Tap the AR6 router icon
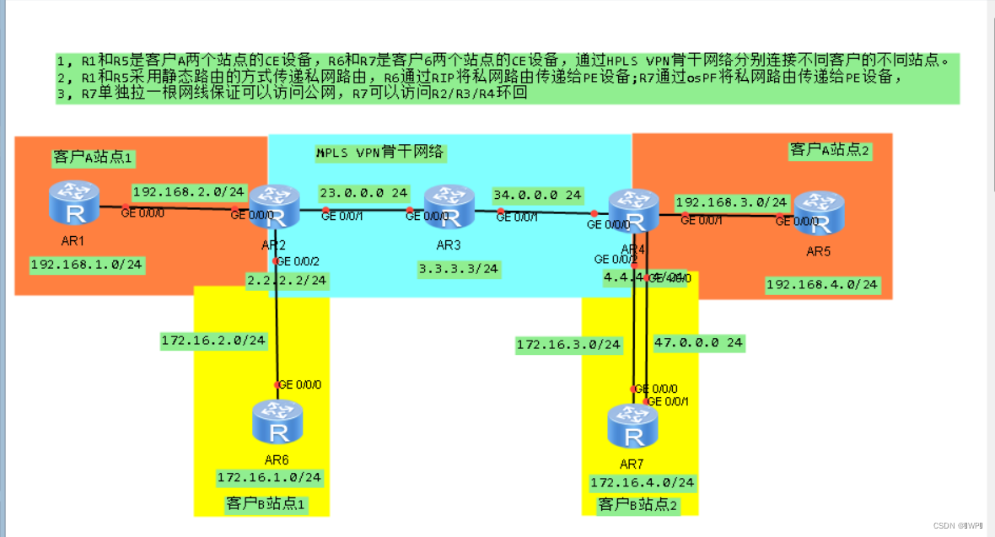(x=276, y=424)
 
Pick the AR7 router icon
(x=632, y=427)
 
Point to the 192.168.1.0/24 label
(x=86, y=265)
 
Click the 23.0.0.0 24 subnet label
(x=363, y=192)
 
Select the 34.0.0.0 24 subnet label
(x=537, y=195)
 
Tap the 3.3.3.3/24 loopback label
(x=459, y=270)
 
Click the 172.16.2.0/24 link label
(x=213, y=341)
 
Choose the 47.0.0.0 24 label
(x=699, y=343)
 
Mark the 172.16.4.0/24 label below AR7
(x=643, y=483)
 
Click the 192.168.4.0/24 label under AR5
(x=821, y=285)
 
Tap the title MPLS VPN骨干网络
(x=379, y=153)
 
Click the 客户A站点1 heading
(x=93, y=157)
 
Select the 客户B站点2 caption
(x=637, y=505)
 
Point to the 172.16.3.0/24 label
(x=568, y=345)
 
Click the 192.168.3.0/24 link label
(x=730, y=203)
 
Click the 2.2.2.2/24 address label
(x=286, y=280)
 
